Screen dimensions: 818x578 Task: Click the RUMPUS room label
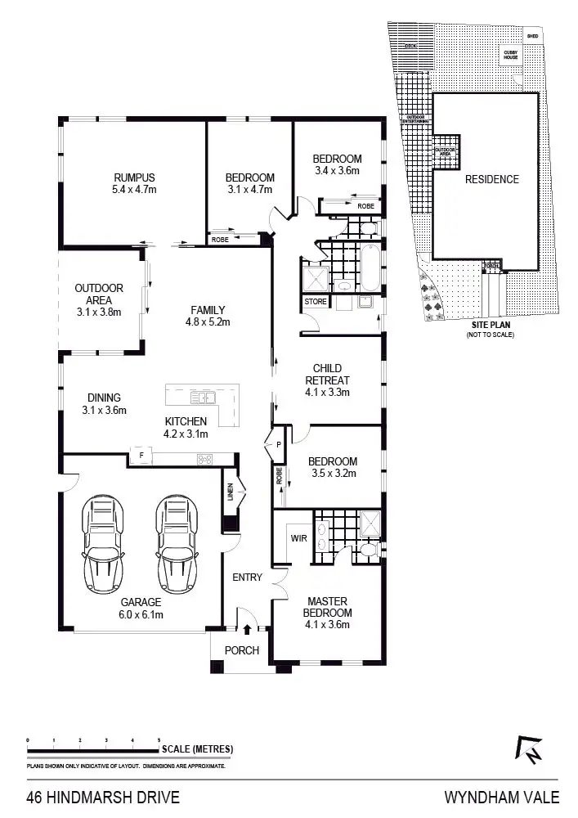click(x=134, y=178)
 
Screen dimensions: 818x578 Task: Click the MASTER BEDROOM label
click(x=327, y=608)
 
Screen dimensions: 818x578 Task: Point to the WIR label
click(x=298, y=538)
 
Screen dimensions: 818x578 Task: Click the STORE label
click(x=316, y=302)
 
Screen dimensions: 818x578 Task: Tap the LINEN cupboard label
click(x=230, y=493)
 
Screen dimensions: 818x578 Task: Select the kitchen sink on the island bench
click(x=201, y=398)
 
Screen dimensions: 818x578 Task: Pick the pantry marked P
click(x=278, y=446)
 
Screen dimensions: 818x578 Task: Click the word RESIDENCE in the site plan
click(x=491, y=179)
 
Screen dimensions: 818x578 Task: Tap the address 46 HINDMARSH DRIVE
click(x=103, y=797)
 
